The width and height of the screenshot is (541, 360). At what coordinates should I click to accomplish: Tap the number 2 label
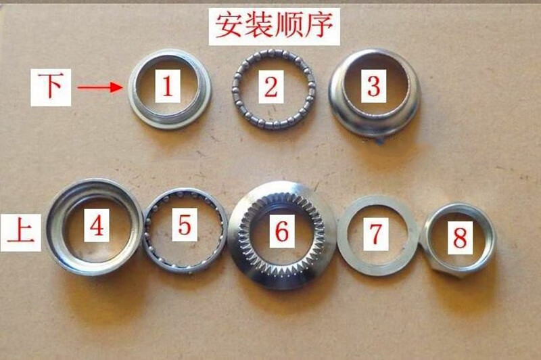(270, 87)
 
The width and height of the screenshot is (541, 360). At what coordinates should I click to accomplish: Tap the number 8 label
(460, 238)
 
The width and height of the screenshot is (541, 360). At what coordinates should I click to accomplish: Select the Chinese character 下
(50, 86)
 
